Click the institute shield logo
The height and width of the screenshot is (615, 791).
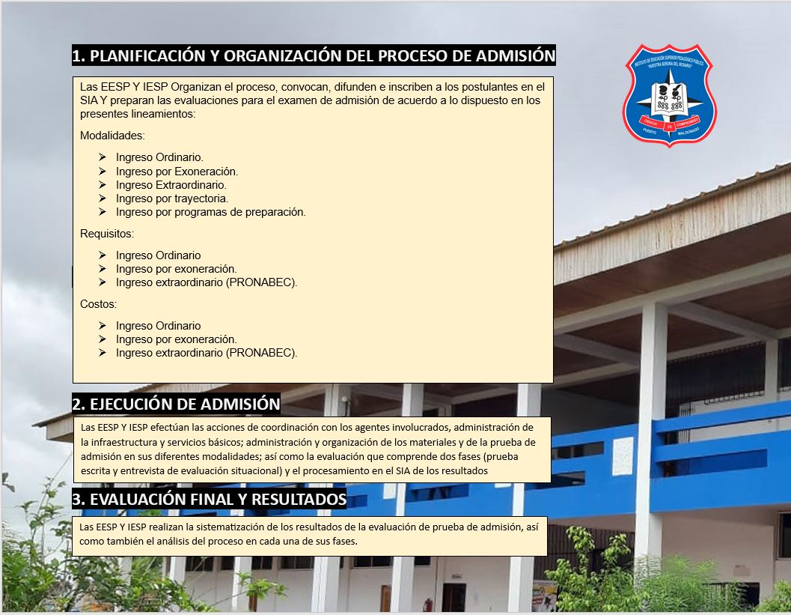tap(670, 95)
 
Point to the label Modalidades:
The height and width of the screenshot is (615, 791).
tap(112, 136)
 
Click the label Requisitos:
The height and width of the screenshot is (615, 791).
tap(107, 234)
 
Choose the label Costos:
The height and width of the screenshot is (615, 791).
tap(98, 304)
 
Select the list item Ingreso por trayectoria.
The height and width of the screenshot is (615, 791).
tap(172, 199)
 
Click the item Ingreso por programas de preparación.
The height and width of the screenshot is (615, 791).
tap(211, 212)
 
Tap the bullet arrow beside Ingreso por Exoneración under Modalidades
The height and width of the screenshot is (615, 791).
tap(103, 172)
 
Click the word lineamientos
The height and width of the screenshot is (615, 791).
tap(162, 114)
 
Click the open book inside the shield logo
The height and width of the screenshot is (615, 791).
tap(669, 96)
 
